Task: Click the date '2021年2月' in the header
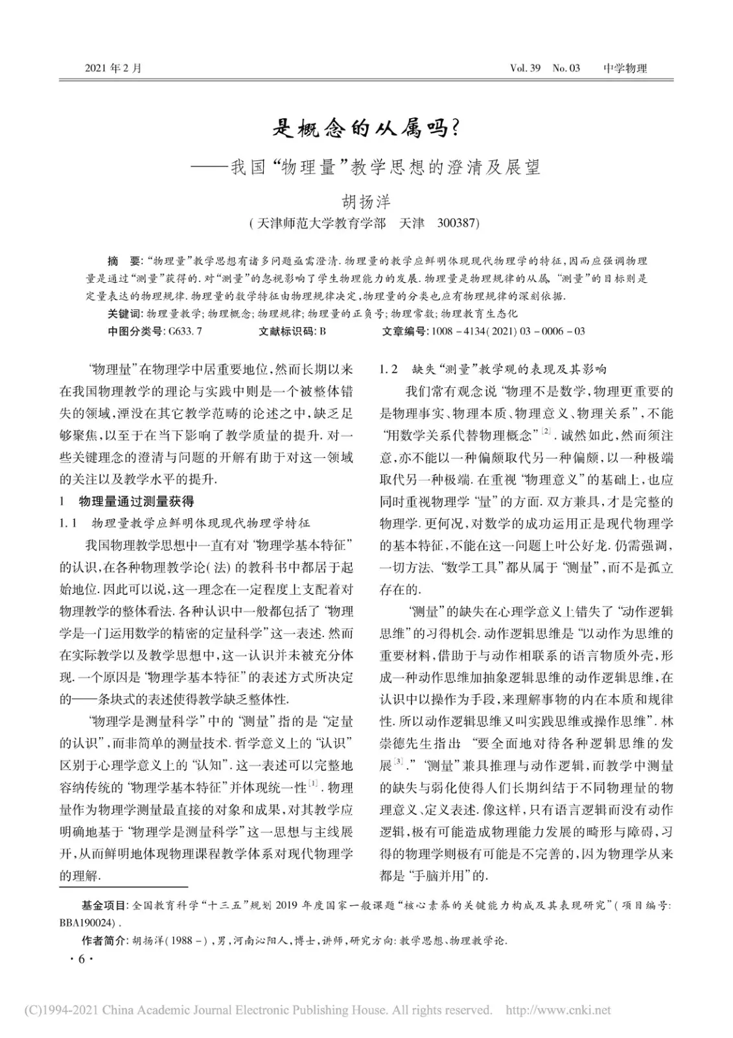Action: pos(113,67)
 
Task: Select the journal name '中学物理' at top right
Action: pos(625,67)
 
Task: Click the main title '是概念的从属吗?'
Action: pos(367,128)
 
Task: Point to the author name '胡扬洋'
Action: pos(366,201)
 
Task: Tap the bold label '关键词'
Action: pos(124,314)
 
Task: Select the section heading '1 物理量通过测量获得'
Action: pos(126,501)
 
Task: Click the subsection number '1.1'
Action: pos(68,523)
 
